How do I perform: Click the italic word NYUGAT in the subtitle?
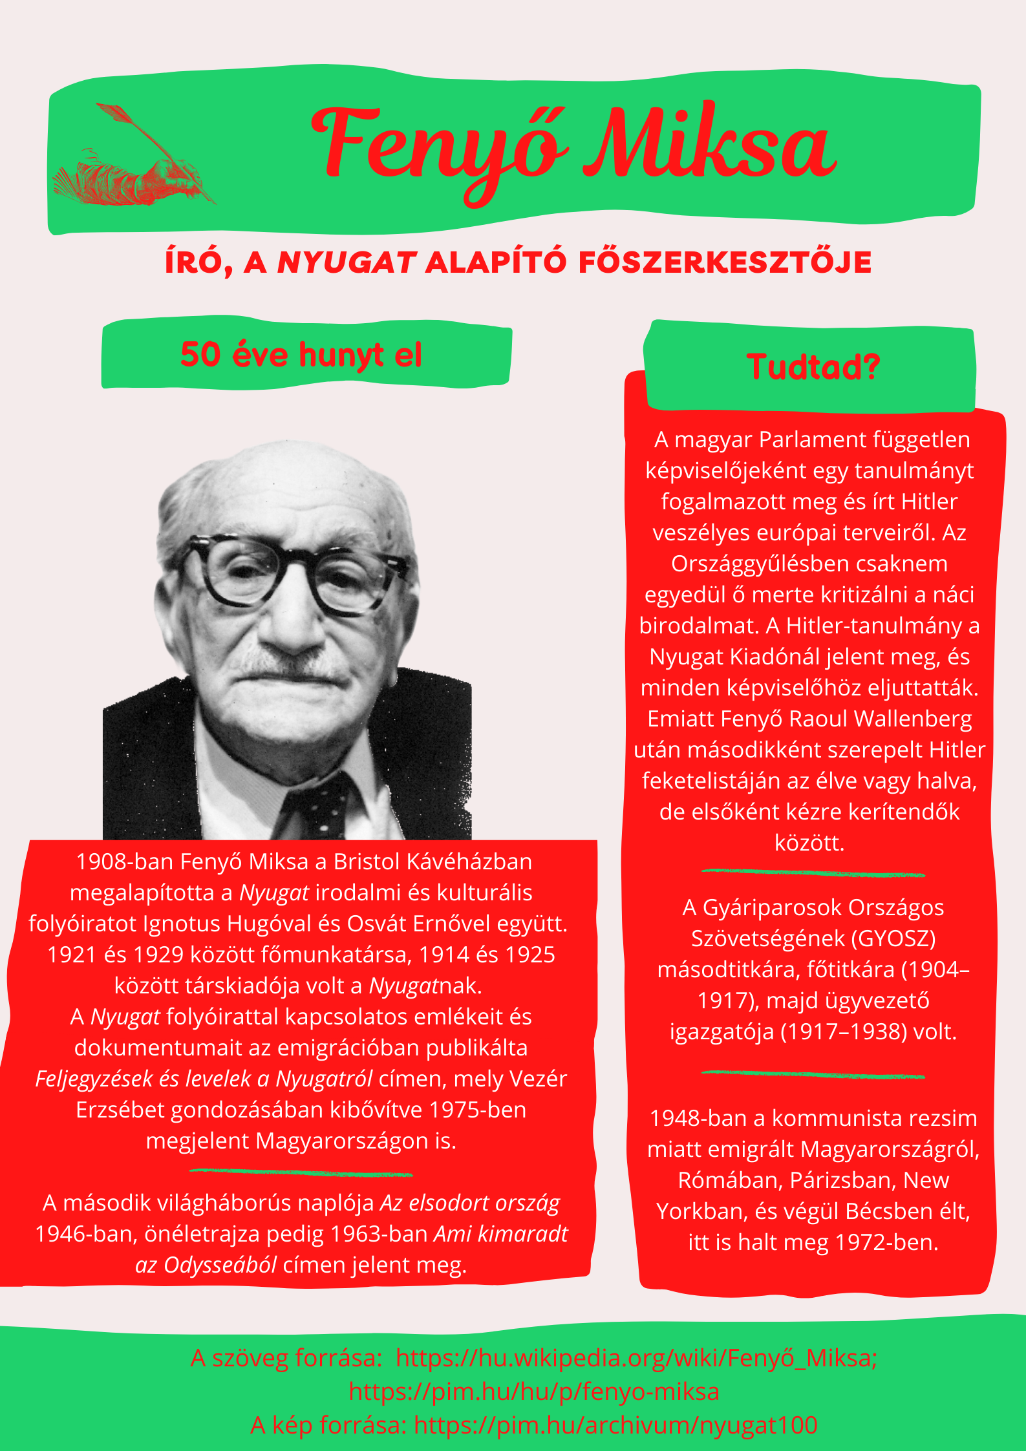[x=346, y=262]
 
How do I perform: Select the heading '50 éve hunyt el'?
[x=301, y=355]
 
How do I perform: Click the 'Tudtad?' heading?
[x=813, y=366]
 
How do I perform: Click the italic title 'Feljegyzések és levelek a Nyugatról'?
[x=204, y=1079]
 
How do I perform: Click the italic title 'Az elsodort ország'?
[x=469, y=1203]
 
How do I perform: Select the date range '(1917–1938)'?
[x=843, y=1031]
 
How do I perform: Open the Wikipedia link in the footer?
[x=636, y=1358]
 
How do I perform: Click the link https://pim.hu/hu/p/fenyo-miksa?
[x=534, y=1391]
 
